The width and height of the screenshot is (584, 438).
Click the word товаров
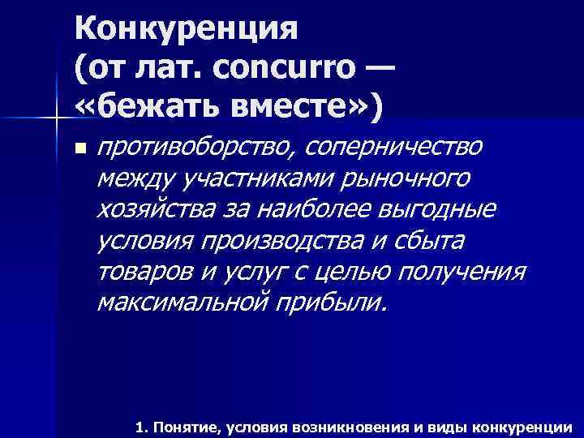click(x=143, y=271)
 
